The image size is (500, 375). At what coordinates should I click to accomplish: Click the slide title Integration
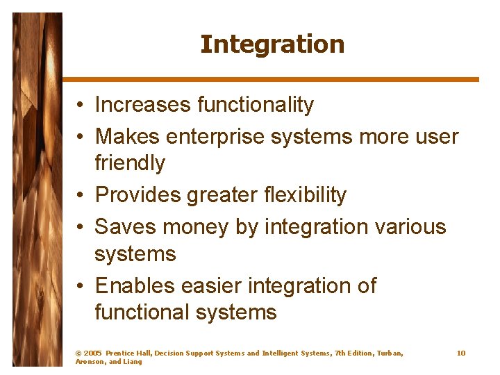272,44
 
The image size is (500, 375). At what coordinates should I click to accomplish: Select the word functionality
256,105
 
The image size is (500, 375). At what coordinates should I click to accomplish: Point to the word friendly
130,164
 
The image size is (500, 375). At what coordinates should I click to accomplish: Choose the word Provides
137,196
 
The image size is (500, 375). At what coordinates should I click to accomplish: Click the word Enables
135,285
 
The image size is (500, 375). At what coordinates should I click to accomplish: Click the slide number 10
461,353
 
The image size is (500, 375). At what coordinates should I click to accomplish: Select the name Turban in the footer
390,353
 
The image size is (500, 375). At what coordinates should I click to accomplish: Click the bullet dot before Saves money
81,228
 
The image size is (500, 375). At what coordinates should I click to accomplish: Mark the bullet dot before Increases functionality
81,106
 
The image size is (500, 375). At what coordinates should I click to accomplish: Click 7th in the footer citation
341,353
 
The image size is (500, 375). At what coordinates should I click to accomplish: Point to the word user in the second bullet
437,137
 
